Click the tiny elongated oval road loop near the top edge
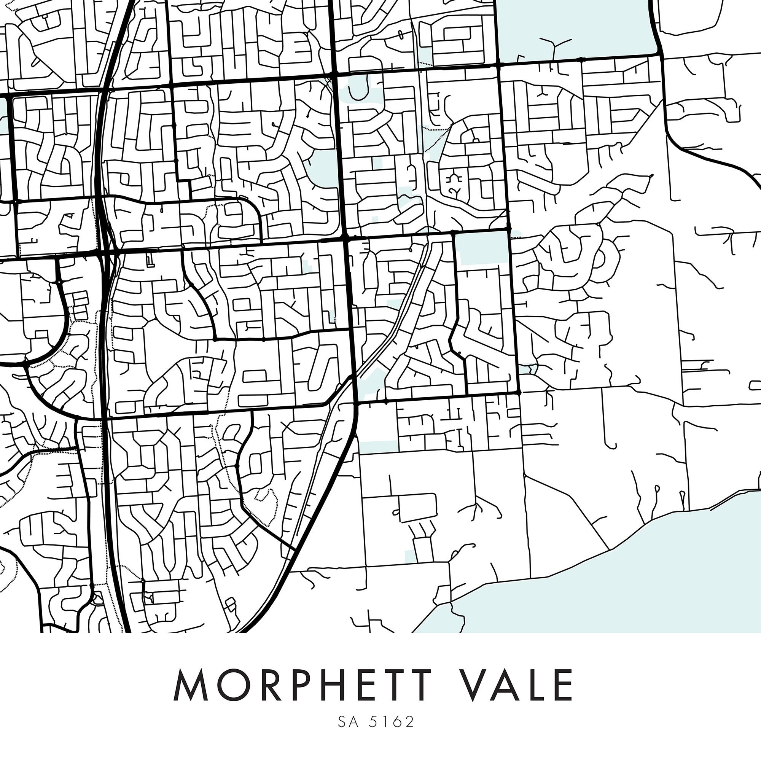401,35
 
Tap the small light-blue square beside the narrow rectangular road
411,556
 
